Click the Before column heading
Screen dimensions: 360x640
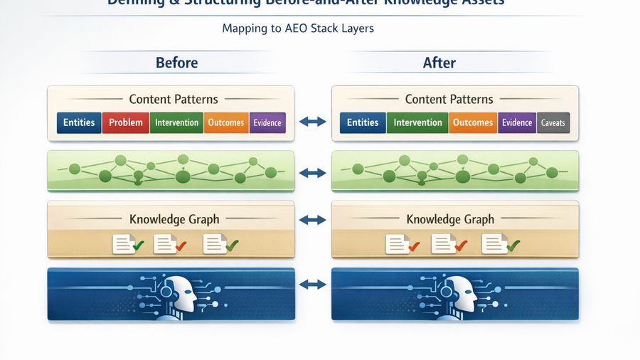click(x=176, y=63)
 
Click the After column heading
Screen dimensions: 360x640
click(x=439, y=63)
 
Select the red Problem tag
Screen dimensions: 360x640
click(x=126, y=122)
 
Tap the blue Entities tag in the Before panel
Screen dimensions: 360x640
click(x=79, y=122)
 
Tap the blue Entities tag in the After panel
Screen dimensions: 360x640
click(x=363, y=122)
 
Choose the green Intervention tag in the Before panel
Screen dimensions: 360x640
click(x=176, y=122)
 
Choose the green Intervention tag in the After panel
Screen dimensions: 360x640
click(x=417, y=122)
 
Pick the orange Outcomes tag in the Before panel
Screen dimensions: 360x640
click(x=226, y=122)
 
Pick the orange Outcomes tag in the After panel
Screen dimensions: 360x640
click(x=473, y=122)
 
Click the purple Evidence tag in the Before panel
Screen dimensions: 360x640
click(x=267, y=122)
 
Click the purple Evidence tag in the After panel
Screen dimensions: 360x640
click(x=517, y=122)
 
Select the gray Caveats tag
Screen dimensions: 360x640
click(x=553, y=122)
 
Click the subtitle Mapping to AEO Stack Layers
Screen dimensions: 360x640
click(x=298, y=29)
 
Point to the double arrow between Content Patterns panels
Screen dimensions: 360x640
click(x=313, y=122)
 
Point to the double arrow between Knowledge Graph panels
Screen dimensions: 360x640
click(x=313, y=220)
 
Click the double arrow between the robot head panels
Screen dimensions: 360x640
click(x=313, y=285)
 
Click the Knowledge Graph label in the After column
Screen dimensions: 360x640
click(x=450, y=219)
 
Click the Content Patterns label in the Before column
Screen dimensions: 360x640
click(x=174, y=100)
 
